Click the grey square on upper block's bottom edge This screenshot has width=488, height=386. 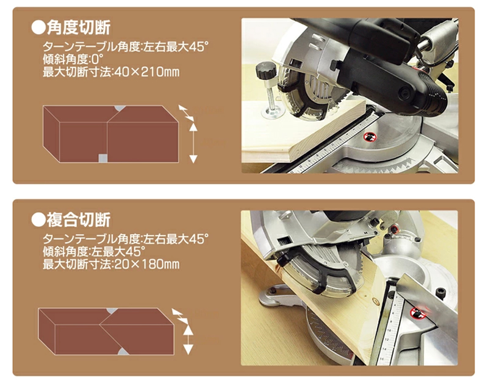tap(103, 158)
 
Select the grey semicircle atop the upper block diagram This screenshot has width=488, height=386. tap(120, 108)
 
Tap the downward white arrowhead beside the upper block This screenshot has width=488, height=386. tap(193, 159)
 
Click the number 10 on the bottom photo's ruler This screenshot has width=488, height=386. tap(389, 329)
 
